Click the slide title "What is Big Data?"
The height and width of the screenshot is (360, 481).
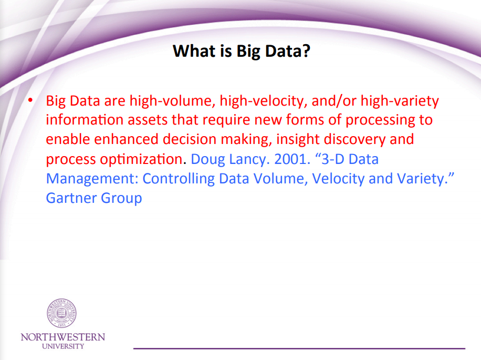[x=242, y=52]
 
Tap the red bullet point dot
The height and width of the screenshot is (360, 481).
[x=30, y=100]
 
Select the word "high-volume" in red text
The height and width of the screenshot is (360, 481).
[x=172, y=101]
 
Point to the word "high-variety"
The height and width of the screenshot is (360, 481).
[x=400, y=101]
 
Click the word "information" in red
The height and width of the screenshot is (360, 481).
[x=85, y=120]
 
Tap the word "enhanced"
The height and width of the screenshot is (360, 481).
[x=126, y=139]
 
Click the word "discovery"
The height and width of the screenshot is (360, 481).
[x=354, y=140]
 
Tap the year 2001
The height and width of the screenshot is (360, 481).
[x=290, y=159]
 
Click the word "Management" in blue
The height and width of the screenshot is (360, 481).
[x=92, y=179]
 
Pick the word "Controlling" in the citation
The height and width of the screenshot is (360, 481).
[x=179, y=179]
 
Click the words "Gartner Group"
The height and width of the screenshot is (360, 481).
[x=94, y=198]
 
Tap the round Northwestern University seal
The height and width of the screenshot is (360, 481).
[x=61, y=313]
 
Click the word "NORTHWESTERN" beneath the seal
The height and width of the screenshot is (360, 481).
[x=63, y=337]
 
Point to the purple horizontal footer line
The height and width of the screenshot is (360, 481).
[x=299, y=348]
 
